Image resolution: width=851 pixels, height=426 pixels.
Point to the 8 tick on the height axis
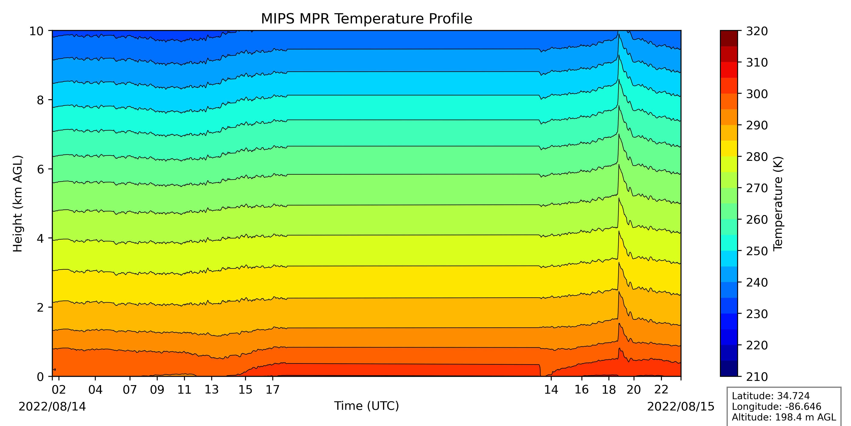coord(40,100)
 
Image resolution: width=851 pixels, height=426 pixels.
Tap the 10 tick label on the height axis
coord(36,32)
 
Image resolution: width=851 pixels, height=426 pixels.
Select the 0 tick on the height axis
coord(40,377)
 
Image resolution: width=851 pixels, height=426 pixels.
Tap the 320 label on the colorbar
coord(757,32)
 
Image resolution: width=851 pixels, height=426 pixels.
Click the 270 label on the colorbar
coord(757,188)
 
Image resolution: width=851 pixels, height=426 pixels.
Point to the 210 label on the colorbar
coord(757,377)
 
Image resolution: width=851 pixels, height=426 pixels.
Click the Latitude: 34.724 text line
coord(770,396)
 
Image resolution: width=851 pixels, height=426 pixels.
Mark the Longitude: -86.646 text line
coord(776,406)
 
